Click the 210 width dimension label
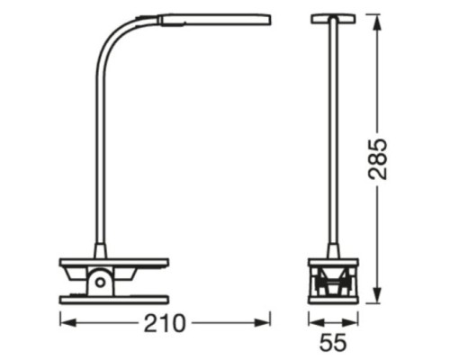[166, 321]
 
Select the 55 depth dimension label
[333, 343]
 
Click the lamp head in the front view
[332, 18]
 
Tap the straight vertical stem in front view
[332, 135]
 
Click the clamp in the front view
[332, 281]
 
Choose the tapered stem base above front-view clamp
[332, 247]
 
